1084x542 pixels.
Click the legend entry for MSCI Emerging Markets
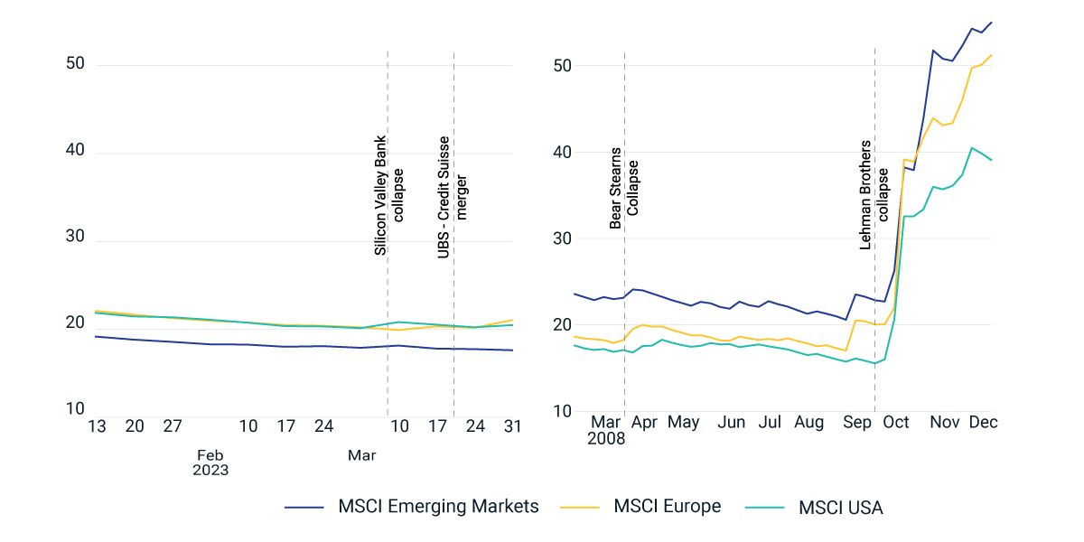coord(438,507)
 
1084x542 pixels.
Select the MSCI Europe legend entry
coord(667,507)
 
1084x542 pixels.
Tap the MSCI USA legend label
coord(840,508)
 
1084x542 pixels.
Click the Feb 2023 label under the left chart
coord(210,463)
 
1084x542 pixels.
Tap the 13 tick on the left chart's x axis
coord(97,427)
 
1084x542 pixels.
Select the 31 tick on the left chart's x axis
coord(512,427)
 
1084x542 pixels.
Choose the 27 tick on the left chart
coord(173,427)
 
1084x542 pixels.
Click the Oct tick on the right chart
coord(896,422)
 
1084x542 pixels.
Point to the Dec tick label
coord(983,422)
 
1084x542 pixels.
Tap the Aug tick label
coord(809,422)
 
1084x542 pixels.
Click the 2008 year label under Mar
coord(605,440)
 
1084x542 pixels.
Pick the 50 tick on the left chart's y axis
coord(74,64)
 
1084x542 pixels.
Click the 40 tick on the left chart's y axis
coord(74,151)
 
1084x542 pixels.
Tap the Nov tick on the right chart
coord(945,422)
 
